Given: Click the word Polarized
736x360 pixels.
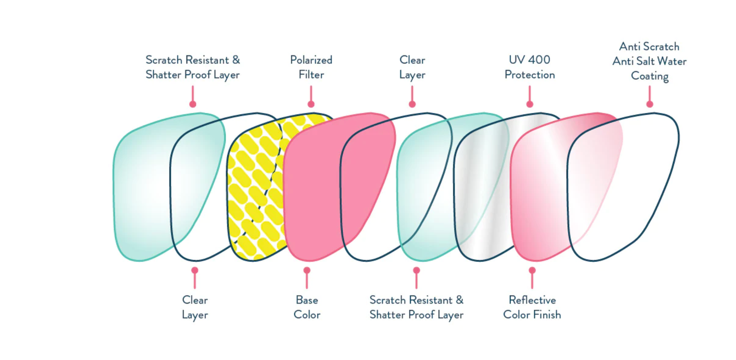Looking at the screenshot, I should pyautogui.click(x=311, y=60).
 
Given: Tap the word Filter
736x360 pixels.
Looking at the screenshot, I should pyautogui.click(x=311, y=75).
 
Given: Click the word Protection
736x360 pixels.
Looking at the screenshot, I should pyautogui.click(x=529, y=75).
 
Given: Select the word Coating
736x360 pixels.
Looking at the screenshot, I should pyautogui.click(x=650, y=76).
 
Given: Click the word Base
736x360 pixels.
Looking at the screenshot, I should pyautogui.click(x=307, y=300).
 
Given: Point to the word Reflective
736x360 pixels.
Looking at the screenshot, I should pyautogui.click(x=532, y=300).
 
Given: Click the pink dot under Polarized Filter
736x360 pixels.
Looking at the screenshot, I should pyautogui.click(x=311, y=104).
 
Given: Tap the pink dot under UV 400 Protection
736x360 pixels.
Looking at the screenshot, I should pyautogui.click(x=530, y=104).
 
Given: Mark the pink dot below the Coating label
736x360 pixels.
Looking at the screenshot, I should pyautogui.click(x=650, y=104).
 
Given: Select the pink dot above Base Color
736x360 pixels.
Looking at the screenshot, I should pyautogui.click(x=307, y=270).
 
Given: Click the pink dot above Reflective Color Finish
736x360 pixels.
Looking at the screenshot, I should pyautogui.click(x=532, y=270).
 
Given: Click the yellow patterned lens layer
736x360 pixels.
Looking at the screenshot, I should pyautogui.click(x=253, y=186).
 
